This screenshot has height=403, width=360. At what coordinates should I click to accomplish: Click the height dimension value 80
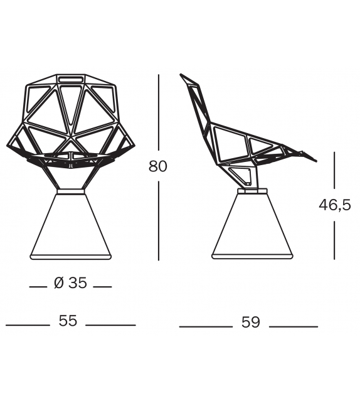pyautogui.click(x=158, y=167)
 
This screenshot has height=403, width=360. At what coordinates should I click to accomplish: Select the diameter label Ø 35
pyautogui.click(x=70, y=284)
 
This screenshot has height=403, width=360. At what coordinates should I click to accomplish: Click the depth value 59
pyautogui.click(x=250, y=322)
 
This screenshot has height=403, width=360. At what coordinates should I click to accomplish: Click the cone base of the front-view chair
pyautogui.click(x=70, y=226)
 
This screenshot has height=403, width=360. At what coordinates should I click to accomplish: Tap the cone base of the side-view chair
pyautogui.click(x=252, y=226)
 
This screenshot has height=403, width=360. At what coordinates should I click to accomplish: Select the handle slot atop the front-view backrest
pyautogui.click(x=71, y=80)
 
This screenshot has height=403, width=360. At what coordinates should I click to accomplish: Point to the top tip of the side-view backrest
pyautogui.click(x=183, y=77)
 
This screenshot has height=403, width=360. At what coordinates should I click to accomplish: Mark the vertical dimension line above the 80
pyautogui.click(x=158, y=113)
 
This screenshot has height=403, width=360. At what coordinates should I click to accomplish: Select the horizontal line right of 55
pyautogui.click(x=110, y=325)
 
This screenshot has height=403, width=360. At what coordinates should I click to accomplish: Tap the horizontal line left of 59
pyautogui.click(x=205, y=326)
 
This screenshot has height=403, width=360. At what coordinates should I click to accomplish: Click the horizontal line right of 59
pyautogui.click(x=294, y=326)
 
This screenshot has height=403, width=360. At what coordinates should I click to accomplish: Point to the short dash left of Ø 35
pyautogui.click(x=38, y=286)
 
